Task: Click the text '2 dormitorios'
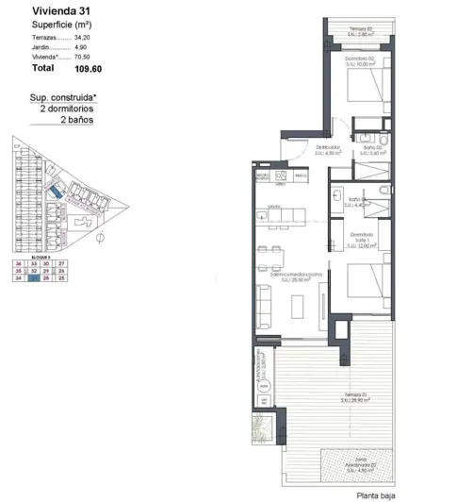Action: pos(69,109)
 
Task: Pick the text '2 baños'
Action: pos(78,121)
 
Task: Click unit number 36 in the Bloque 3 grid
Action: pos(18,263)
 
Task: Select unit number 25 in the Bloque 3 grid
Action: pos(61,278)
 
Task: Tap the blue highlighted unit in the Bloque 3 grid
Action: pos(33,278)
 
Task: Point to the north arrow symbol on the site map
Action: pos(98,238)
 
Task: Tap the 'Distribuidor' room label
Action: pos(327,147)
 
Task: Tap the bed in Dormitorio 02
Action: pos(364,90)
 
